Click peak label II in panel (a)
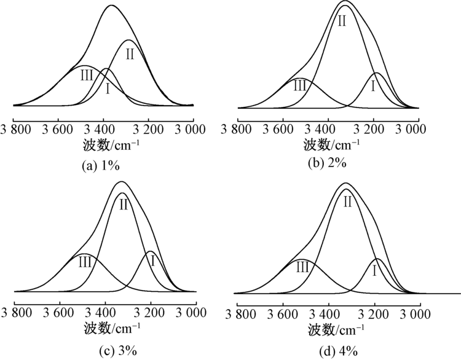(x=130, y=54)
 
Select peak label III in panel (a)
(x=86, y=76)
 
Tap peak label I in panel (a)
(x=108, y=89)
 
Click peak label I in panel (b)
(x=372, y=86)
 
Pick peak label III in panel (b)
(x=299, y=85)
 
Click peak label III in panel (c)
(x=85, y=262)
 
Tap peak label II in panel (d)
(x=347, y=201)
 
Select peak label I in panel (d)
(x=374, y=270)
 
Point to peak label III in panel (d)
(x=301, y=266)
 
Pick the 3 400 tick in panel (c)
(x=105, y=312)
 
